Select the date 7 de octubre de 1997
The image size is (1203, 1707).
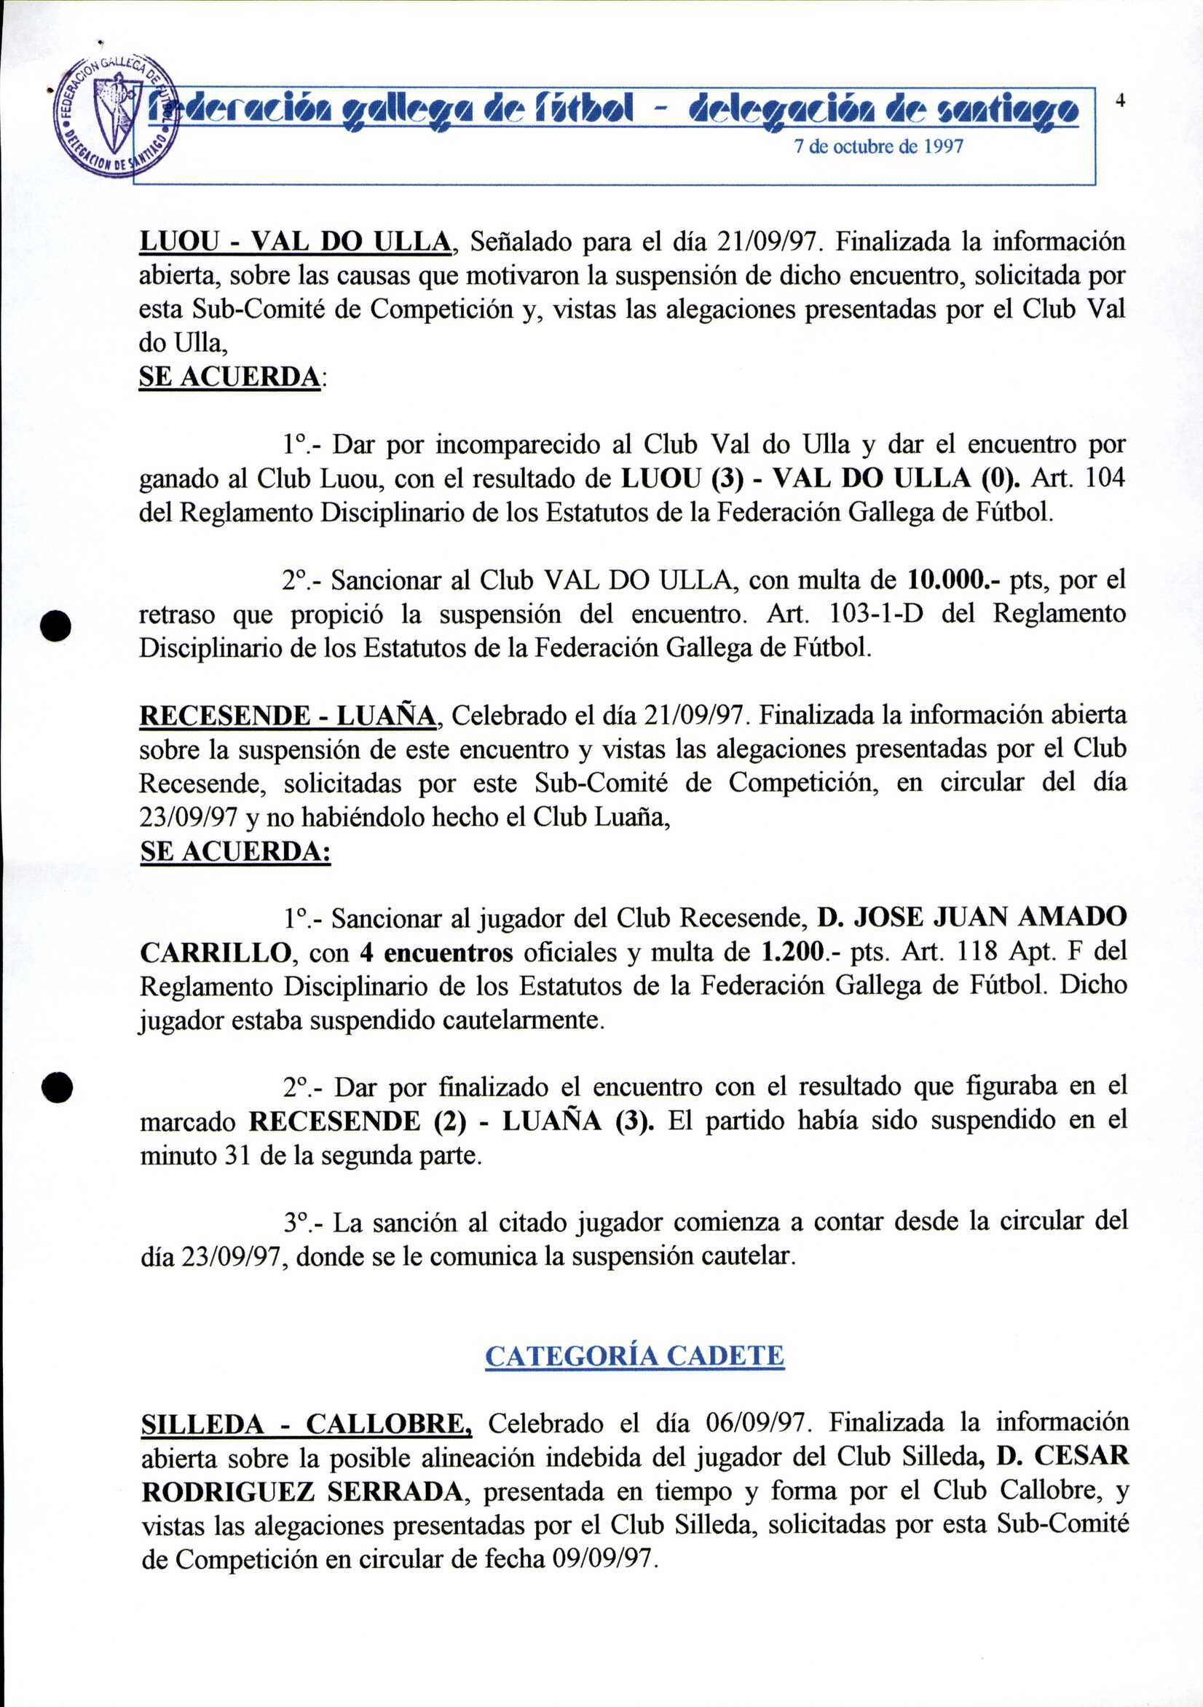[878, 147]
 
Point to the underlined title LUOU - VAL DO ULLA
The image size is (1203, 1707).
[295, 243]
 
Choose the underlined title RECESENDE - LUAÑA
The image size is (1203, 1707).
[288, 715]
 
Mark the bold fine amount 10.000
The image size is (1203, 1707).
[950, 579]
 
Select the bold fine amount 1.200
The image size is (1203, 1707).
[797, 953]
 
